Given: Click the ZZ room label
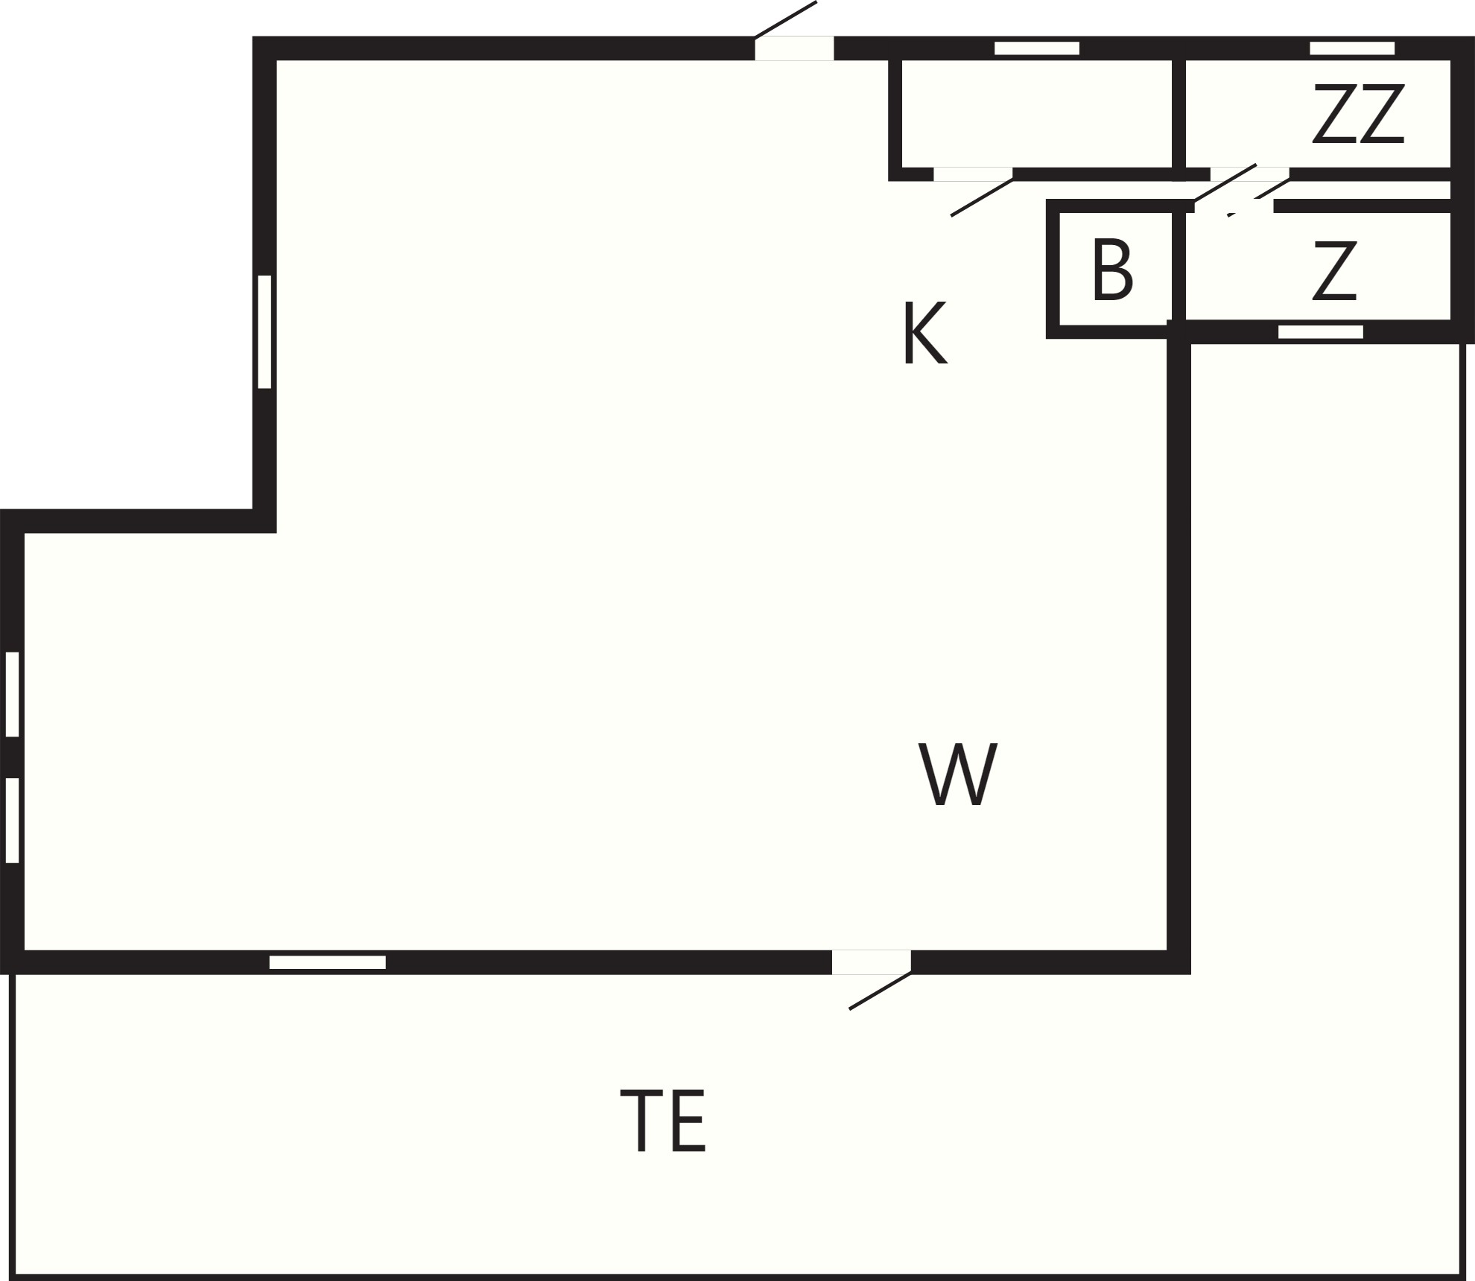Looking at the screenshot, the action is point(1358,114).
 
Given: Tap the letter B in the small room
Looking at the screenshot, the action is point(1113,270).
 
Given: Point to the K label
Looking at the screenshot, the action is point(925,333).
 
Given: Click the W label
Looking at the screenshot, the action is point(957,775).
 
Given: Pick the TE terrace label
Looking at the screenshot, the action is point(662,1120).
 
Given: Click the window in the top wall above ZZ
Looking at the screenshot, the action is point(1352,48).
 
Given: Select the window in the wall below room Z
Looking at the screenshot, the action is point(1321,332).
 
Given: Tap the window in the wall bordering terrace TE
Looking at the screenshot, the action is point(328,962).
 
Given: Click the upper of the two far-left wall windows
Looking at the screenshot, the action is point(12,694).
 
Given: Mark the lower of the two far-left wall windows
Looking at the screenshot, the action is point(12,820).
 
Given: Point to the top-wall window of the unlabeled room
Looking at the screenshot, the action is point(1037,48).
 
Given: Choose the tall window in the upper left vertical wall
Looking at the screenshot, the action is point(264,331).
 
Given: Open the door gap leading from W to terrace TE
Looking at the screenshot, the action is point(872,962).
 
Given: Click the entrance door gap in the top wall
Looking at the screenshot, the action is point(794,48).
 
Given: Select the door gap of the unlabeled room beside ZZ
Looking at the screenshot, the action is point(973,175).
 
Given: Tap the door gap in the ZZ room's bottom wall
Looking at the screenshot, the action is point(1250,175).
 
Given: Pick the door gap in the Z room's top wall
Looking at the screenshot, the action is point(1234,206).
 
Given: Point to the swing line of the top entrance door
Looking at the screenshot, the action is point(786,19).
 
